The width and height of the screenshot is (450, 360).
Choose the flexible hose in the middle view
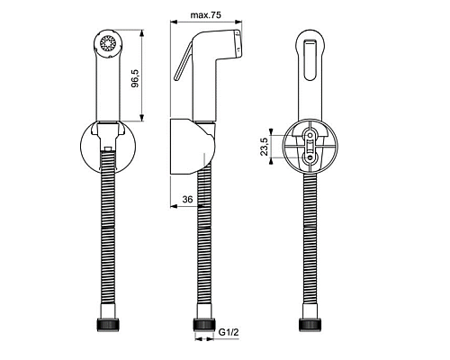pos(202,243)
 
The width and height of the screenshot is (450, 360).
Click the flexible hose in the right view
pos(310,243)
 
